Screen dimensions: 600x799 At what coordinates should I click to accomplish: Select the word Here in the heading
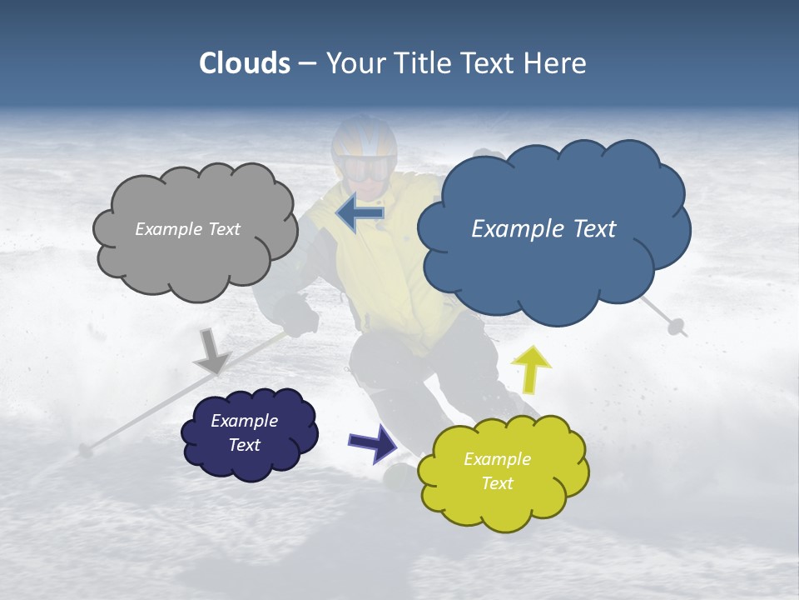pyautogui.click(x=554, y=63)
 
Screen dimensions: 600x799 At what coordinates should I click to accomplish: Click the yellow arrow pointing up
pyautogui.click(x=530, y=368)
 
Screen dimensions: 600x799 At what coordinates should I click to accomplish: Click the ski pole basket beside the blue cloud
pyautogui.click(x=676, y=326)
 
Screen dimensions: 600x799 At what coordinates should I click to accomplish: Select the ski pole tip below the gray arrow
pyautogui.click(x=85, y=451)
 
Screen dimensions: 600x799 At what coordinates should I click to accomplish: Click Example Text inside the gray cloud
pyautogui.click(x=187, y=229)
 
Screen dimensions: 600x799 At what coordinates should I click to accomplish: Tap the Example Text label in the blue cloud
pyautogui.click(x=543, y=228)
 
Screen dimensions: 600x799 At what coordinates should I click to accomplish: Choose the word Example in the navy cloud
pyautogui.click(x=244, y=421)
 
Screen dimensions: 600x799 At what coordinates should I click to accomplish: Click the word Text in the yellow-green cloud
pyautogui.click(x=497, y=483)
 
